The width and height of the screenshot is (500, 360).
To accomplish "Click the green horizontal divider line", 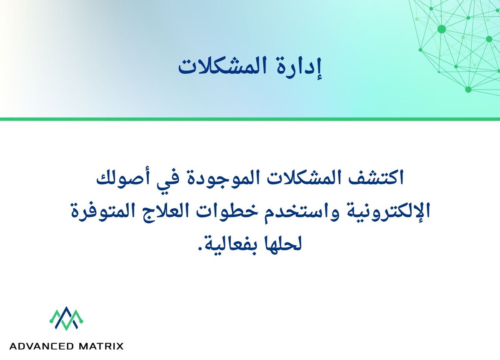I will [x=250, y=119].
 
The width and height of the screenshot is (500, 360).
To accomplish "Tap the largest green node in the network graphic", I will [x=442, y=29].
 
